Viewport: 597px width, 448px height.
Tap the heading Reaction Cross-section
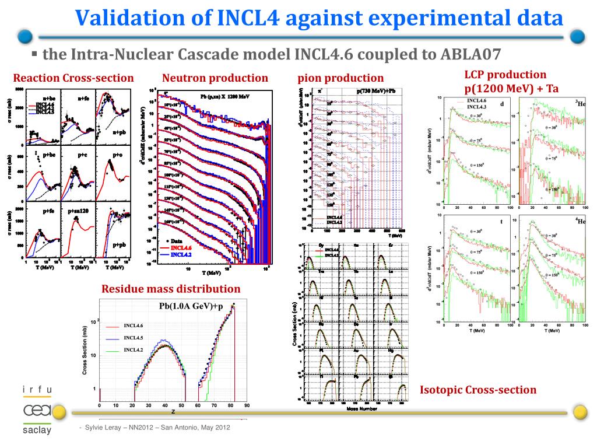click(73, 78)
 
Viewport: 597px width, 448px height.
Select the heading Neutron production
click(215, 78)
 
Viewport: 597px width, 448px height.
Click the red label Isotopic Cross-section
click(478, 390)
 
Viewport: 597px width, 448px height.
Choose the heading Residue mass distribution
click(171, 289)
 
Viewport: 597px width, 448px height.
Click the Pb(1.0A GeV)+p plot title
click(191, 306)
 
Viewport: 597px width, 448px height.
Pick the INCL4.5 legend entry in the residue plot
click(134, 338)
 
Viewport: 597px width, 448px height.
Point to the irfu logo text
click(37, 390)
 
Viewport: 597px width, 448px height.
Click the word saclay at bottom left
click(37, 431)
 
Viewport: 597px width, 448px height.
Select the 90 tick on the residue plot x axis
click(247, 405)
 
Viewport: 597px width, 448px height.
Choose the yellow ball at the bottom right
click(580, 412)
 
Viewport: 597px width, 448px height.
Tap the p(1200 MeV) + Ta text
click(511, 89)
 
